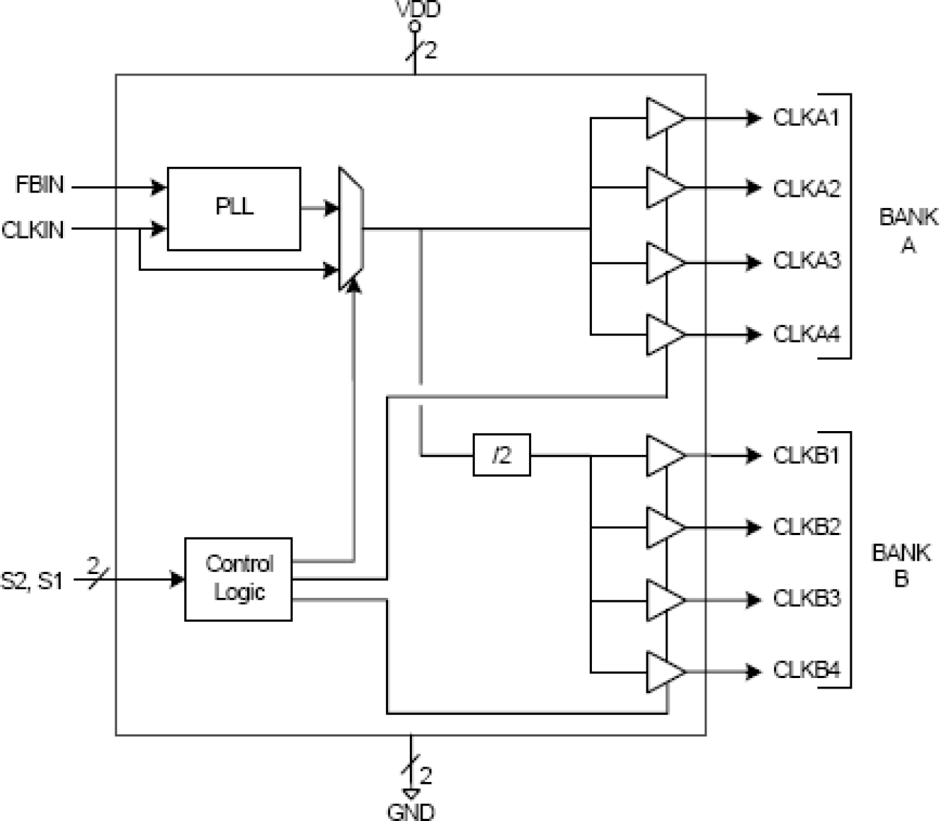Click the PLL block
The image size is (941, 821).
(x=234, y=208)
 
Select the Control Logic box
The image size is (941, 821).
(x=238, y=579)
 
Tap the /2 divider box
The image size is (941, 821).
(x=501, y=455)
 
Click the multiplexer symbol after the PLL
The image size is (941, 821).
(x=351, y=228)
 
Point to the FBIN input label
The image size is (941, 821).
(x=40, y=185)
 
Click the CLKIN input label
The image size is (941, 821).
(x=33, y=230)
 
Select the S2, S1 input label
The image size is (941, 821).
(x=31, y=580)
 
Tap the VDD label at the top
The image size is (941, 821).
(x=418, y=9)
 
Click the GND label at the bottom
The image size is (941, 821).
(x=411, y=811)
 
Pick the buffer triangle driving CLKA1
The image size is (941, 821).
(x=663, y=118)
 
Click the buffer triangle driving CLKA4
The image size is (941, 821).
(x=663, y=335)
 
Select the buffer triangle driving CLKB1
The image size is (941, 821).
(x=663, y=455)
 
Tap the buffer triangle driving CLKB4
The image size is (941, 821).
(x=663, y=671)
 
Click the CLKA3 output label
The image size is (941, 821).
(x=806, y=261)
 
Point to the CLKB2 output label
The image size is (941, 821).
(x=806, y=527)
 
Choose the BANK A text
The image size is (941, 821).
(x=907, y=231)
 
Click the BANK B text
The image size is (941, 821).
(x=901, y=566)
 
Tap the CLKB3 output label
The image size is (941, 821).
(x=806, y=599)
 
